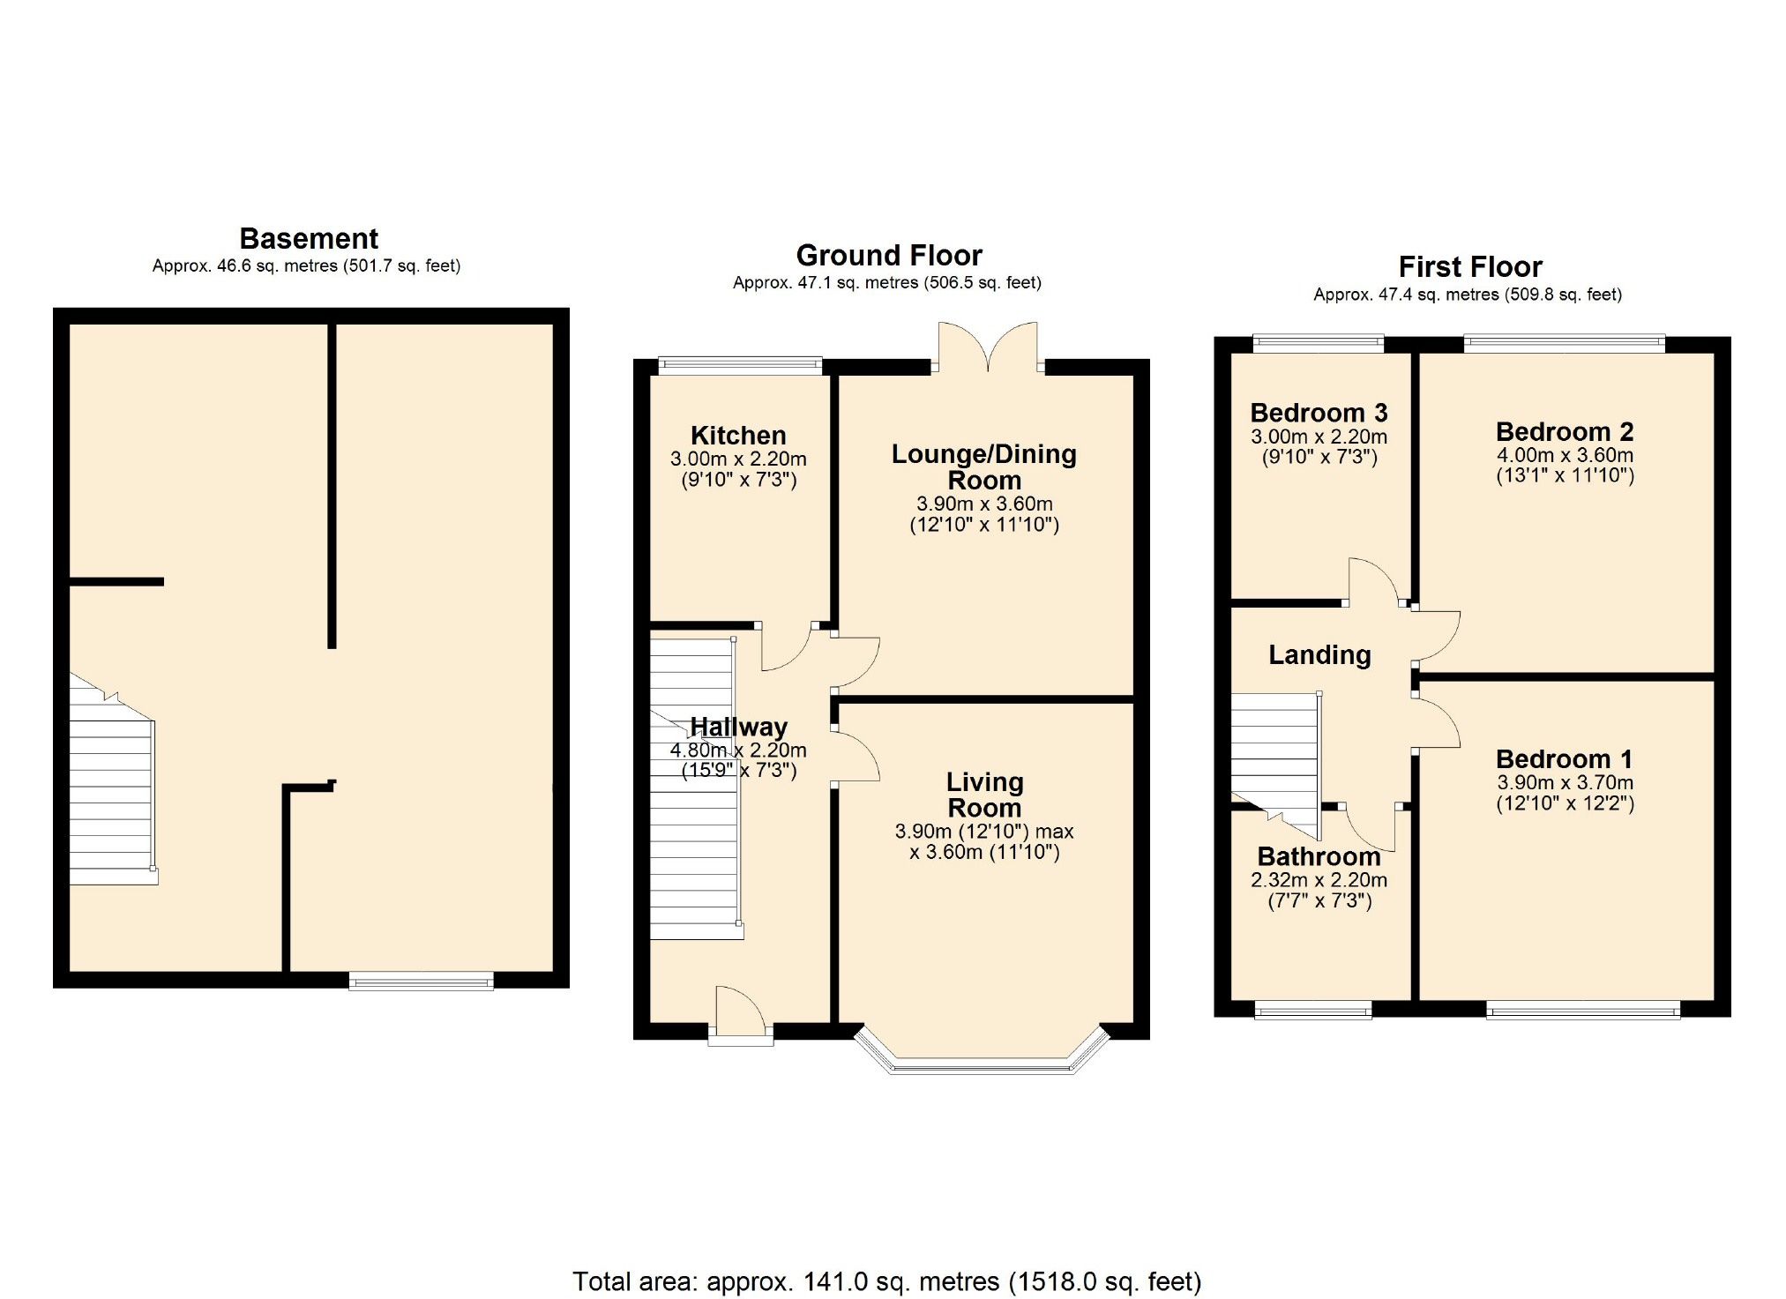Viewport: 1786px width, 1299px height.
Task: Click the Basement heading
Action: (x=309, y=239)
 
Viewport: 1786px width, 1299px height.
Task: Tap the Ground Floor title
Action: (x=888, y=256)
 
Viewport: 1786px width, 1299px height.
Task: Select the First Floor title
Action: (x=1469, y=266)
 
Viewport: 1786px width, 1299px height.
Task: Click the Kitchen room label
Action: (x=738, y=435)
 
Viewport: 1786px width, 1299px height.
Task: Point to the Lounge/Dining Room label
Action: (x=983, y=467)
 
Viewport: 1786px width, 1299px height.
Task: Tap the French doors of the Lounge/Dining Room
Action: (x=988, y=348)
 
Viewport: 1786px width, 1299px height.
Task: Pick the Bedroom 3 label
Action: (x=1319, y=413)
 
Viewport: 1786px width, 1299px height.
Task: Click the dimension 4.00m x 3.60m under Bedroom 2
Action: (x=1565, y=455)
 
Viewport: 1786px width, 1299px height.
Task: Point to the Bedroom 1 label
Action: (x=1564, y=758)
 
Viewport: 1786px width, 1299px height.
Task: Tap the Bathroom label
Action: (x=1319, y=856)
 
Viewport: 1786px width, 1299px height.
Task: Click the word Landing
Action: (x=1319, y=654)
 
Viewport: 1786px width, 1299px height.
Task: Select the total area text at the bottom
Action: (x=886, y=1280)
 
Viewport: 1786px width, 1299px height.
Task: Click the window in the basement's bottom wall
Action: (x=421, y=980)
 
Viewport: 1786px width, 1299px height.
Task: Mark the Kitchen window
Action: (x=741, y=364)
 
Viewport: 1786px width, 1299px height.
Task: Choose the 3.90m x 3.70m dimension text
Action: (x=1565, y=782)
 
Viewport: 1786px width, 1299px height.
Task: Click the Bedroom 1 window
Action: (x=1582, y=1009)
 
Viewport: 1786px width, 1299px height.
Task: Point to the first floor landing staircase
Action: (x=1274, y=758)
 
